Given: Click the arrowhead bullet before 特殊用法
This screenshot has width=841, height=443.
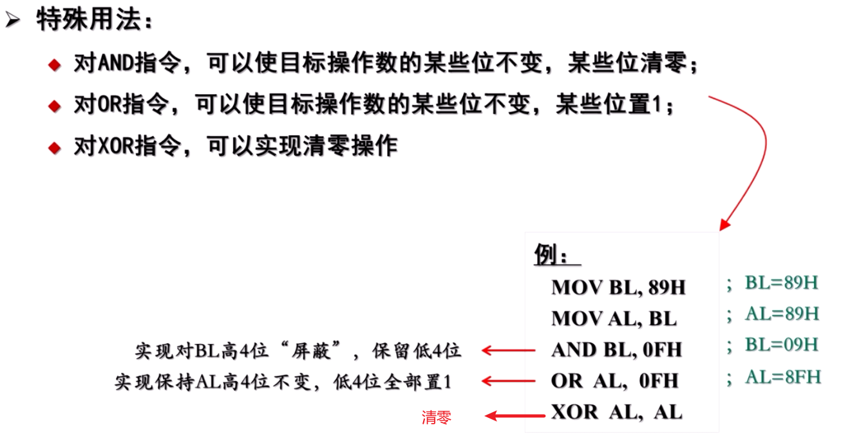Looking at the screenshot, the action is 12,21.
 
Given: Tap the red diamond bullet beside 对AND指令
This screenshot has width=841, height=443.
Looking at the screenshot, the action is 55,65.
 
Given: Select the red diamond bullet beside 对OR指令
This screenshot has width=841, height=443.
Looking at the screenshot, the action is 55,106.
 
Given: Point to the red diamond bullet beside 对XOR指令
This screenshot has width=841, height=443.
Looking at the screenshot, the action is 55,147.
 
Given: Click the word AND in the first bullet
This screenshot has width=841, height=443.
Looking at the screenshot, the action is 113,64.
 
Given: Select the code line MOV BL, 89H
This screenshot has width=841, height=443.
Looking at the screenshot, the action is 618,287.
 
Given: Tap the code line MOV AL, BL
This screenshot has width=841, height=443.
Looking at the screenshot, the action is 614,318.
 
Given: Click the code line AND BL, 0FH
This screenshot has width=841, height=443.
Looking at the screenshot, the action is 616,350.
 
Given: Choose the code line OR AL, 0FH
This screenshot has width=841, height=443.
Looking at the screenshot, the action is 614,381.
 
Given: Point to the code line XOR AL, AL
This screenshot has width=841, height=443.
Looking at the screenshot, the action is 616,412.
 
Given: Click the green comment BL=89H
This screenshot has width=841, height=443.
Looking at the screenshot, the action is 781,283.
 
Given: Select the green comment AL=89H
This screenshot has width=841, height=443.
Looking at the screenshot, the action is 782,314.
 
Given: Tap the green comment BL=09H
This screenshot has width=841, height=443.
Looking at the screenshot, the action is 781,344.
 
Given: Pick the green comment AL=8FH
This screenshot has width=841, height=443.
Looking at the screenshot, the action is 782,376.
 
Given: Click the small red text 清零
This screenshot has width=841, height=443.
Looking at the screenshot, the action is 437,417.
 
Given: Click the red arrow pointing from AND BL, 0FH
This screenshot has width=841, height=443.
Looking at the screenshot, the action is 508,350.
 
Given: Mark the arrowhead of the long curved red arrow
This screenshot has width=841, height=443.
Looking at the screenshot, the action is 725,225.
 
